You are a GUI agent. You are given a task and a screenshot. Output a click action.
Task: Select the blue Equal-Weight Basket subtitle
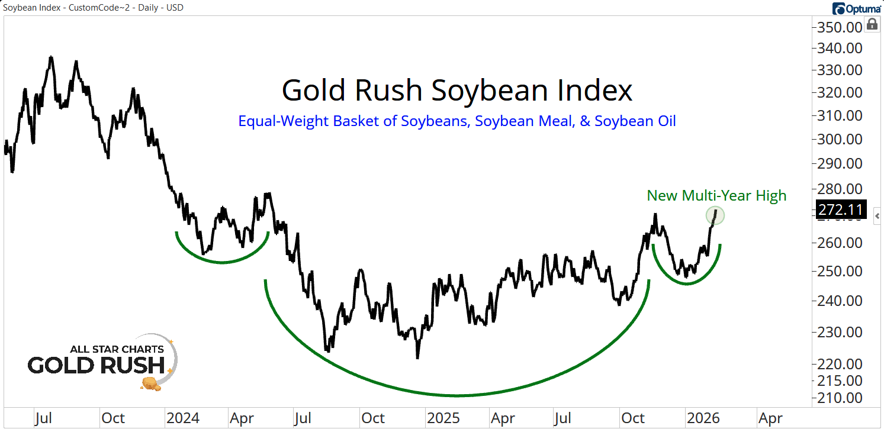pyautogui.click(x=457, y=121)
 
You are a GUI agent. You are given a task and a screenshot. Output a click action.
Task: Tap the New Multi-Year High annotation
pyautogui.click(x=716, y=195)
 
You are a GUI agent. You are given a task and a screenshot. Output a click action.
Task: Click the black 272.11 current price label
pyautogui.click(x=841, y=209)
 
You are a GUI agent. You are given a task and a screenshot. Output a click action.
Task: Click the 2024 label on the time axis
pyautogui.click(x=183, y=418)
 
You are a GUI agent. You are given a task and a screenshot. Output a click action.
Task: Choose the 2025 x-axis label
pyautogui.click(x=443, y=418)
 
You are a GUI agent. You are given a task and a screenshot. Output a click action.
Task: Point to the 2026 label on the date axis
pyautogui.click(x=703, y=418)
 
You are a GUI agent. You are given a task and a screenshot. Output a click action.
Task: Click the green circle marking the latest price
pyautogui.click(x=715, y=216)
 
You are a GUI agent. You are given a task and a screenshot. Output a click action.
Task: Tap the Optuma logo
pyautogui.click(x=855, y=8)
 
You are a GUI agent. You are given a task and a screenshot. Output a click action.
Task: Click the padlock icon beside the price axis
pyautogui.click(x=872, y=24)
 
